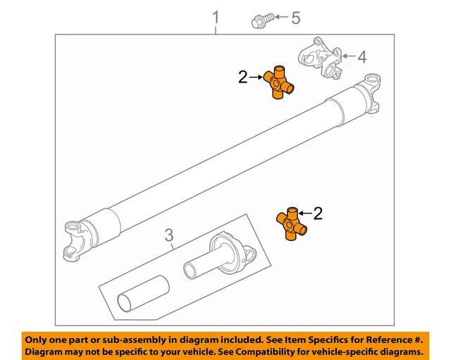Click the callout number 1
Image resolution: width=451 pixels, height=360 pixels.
pos(216,17)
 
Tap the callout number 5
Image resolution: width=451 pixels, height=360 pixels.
pos(295,18)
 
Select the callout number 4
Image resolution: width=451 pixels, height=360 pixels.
pos(362,56)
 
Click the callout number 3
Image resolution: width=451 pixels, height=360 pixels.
pos(169,235)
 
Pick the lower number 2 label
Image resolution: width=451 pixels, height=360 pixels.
pos(318,213)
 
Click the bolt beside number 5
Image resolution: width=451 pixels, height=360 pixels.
pos(258,20)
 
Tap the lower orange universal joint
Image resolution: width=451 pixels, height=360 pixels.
pos(292,224)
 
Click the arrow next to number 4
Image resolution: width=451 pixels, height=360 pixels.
pos(346,56)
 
